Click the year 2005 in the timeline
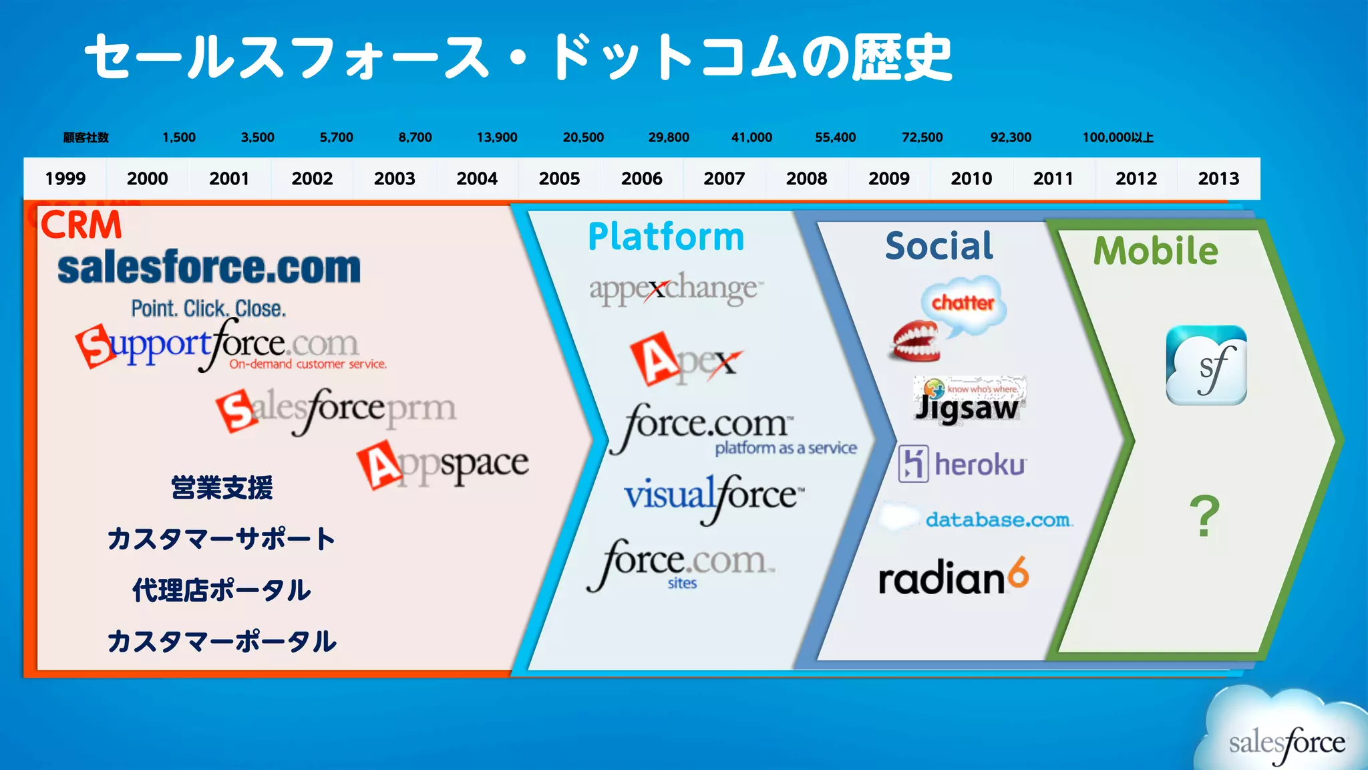(x=559, y=178)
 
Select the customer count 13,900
(x=497, y=137)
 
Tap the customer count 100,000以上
(x=1118, y=137)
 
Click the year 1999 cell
(x=65, y=178)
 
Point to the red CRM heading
(x=81, y=225)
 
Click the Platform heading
(x=666, y=237)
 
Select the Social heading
(x=939, y=245)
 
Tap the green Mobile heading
(x=1156, y=251)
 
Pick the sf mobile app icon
(x=1206, y=365)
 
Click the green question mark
(x=1204, y=516)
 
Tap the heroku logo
(x=963, y=463)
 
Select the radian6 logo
(x=953, y=577)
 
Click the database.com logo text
(x=997, y=519)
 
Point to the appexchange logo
(x=675, y=289)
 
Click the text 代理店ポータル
(x=221, y=590)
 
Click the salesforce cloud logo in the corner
(x=1286, y=739)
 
